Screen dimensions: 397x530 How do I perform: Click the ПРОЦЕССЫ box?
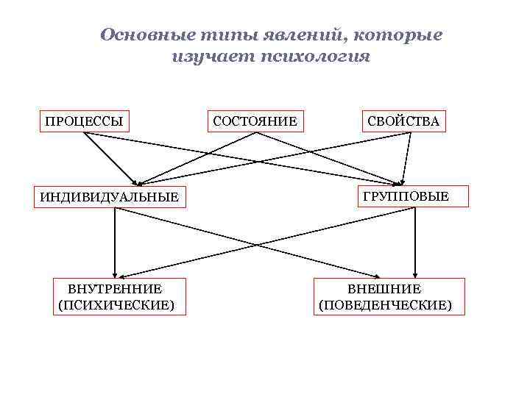pyautogui.click(x=84, y=121)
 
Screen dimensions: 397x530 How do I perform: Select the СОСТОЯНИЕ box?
pyautogui.click(x=255, y=121)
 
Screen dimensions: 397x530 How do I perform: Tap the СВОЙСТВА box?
pyautogui.click(x=404, y=121)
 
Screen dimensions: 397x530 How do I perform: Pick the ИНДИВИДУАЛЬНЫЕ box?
pyautogui.click(x=109, y=197)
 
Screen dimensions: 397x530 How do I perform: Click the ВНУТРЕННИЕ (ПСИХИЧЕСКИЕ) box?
pyautogui.click(x=116, y=296)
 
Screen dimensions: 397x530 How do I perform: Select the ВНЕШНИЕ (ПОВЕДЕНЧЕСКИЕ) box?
pyautogui.click(x=389, y=296)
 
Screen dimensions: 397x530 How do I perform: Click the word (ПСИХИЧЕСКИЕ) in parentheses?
pyautogui.click(x=116, y=304)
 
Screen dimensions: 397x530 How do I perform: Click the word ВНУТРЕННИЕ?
pyautogui.click(x=115, y=289)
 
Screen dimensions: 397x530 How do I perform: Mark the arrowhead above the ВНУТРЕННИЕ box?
pyautogui.click(x=115, y=273)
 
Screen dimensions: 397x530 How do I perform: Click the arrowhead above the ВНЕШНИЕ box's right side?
pyautogui.click(x=415, y=273)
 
